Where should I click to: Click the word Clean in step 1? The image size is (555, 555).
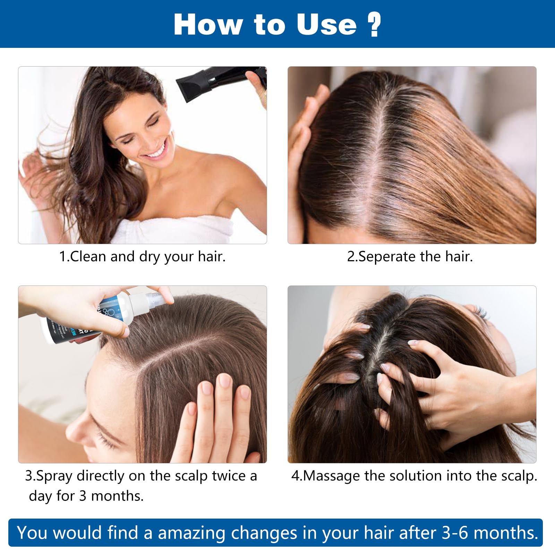tap(88, 257)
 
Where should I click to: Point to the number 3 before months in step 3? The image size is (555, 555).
tap(83, 496)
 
